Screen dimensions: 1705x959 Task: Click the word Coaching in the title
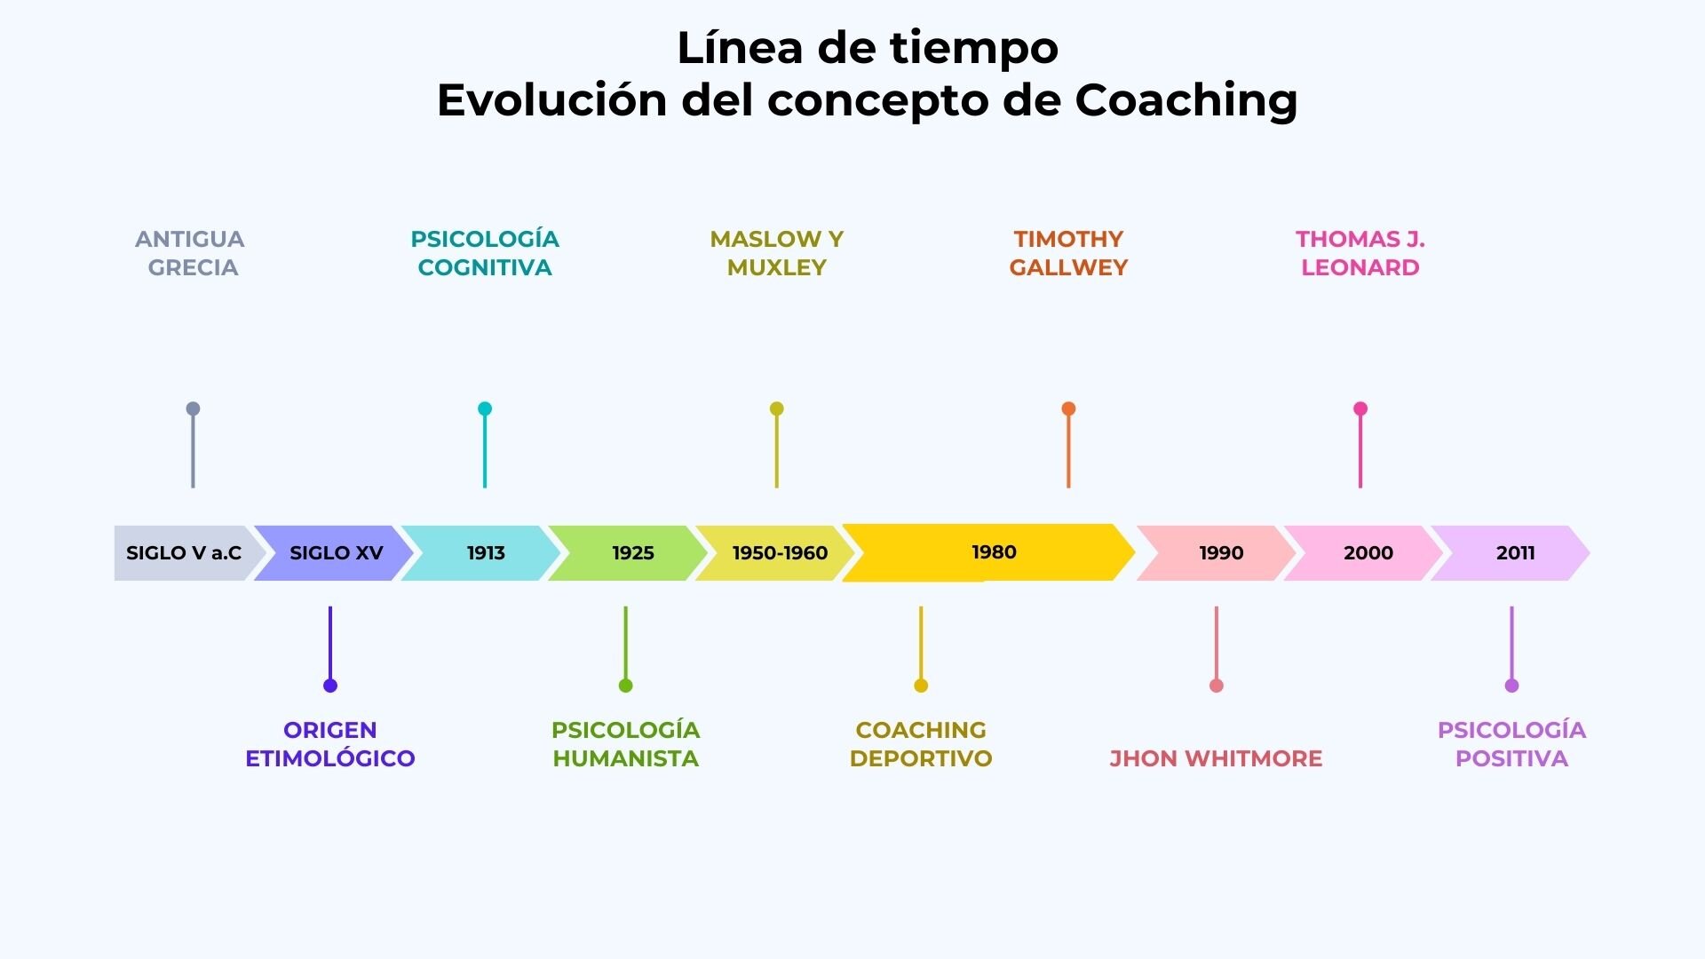click(x=1186, y=101)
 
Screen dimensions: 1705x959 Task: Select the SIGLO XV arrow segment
click(x=334, y=553)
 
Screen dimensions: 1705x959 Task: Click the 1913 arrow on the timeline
click(x=481, y=553)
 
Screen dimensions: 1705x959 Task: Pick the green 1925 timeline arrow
click(x=629, y=553)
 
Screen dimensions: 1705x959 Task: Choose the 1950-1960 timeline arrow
click(x=775, y=553)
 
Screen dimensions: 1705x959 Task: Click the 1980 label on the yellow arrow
click(x=994, y=552)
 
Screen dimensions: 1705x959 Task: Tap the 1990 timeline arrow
click(x=1217, y=553)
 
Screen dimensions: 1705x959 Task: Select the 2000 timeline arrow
click(x=1364, y=553)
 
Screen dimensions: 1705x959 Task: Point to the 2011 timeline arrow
click(x=1511, y=553)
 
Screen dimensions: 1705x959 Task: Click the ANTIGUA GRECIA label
click(x=190, y=253)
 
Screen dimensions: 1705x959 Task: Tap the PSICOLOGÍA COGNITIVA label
click(x=485, y=253)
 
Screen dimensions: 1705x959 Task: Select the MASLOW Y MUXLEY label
click(x=777, y=253)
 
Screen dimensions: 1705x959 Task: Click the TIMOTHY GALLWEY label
click(x=1068, y=253)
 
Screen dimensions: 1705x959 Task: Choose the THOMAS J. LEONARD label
click(x=1360, y=253)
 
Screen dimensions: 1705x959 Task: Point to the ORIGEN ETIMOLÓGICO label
click(x=330, y=744)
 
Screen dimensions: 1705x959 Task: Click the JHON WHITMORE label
click(x=1216, y=758)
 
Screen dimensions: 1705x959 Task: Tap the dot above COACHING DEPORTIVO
click(x=921, y=686)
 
